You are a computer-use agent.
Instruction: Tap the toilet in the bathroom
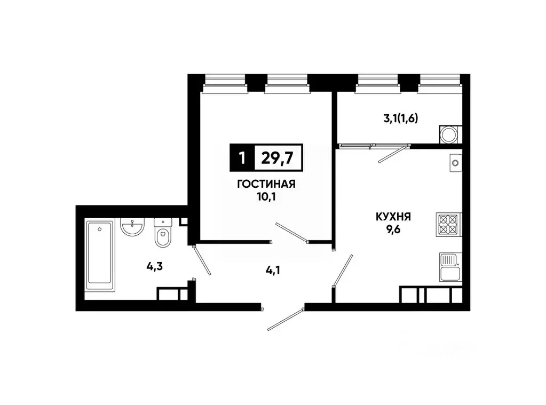[162, 234]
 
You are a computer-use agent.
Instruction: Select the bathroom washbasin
[131, 228]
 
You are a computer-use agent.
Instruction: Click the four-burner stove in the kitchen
[449, 224]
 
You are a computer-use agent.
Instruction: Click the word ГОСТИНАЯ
[265, 185]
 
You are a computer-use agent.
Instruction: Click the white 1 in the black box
[242, 158]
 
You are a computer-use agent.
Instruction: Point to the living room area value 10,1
[265, 196]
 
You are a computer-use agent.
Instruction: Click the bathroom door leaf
[202, 260]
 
